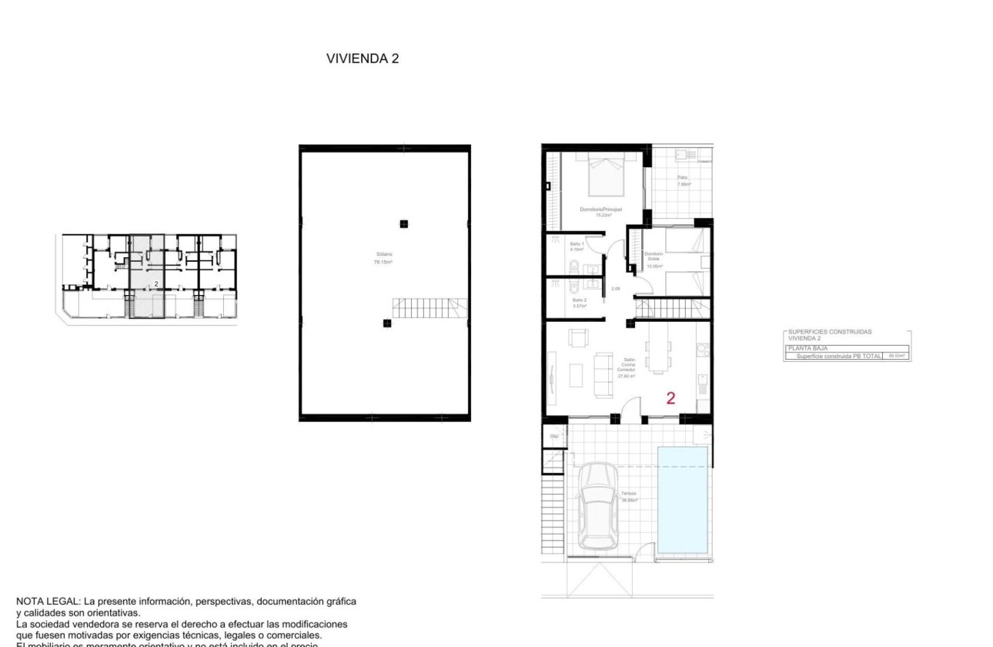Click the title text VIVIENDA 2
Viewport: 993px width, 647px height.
(x=363, y=59)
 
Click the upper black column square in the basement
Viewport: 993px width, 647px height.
(x=403, y=224)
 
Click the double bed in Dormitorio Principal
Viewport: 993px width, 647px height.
(x=607, y=176)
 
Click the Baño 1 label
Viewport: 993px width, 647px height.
(x=577, y=246)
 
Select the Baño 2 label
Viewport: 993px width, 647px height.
(x=578, y=302)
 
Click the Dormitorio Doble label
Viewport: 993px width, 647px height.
(x=654, y=258)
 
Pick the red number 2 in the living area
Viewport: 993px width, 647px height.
(x=670, y=398)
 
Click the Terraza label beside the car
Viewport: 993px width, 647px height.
(x=629, y=497)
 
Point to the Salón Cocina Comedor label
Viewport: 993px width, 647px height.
(x=627, y=367)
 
